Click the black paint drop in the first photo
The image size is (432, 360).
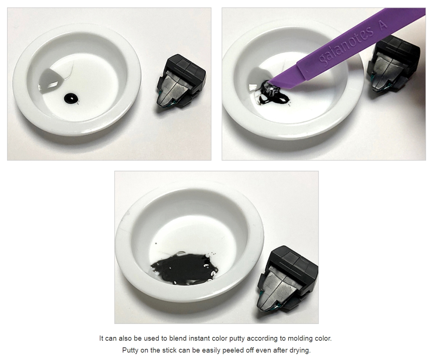tap(71, 98)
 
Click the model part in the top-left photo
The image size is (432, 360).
tap(181, 81)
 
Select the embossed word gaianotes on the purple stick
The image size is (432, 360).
tap(346, 46)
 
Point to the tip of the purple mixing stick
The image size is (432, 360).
tap(270, 81)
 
